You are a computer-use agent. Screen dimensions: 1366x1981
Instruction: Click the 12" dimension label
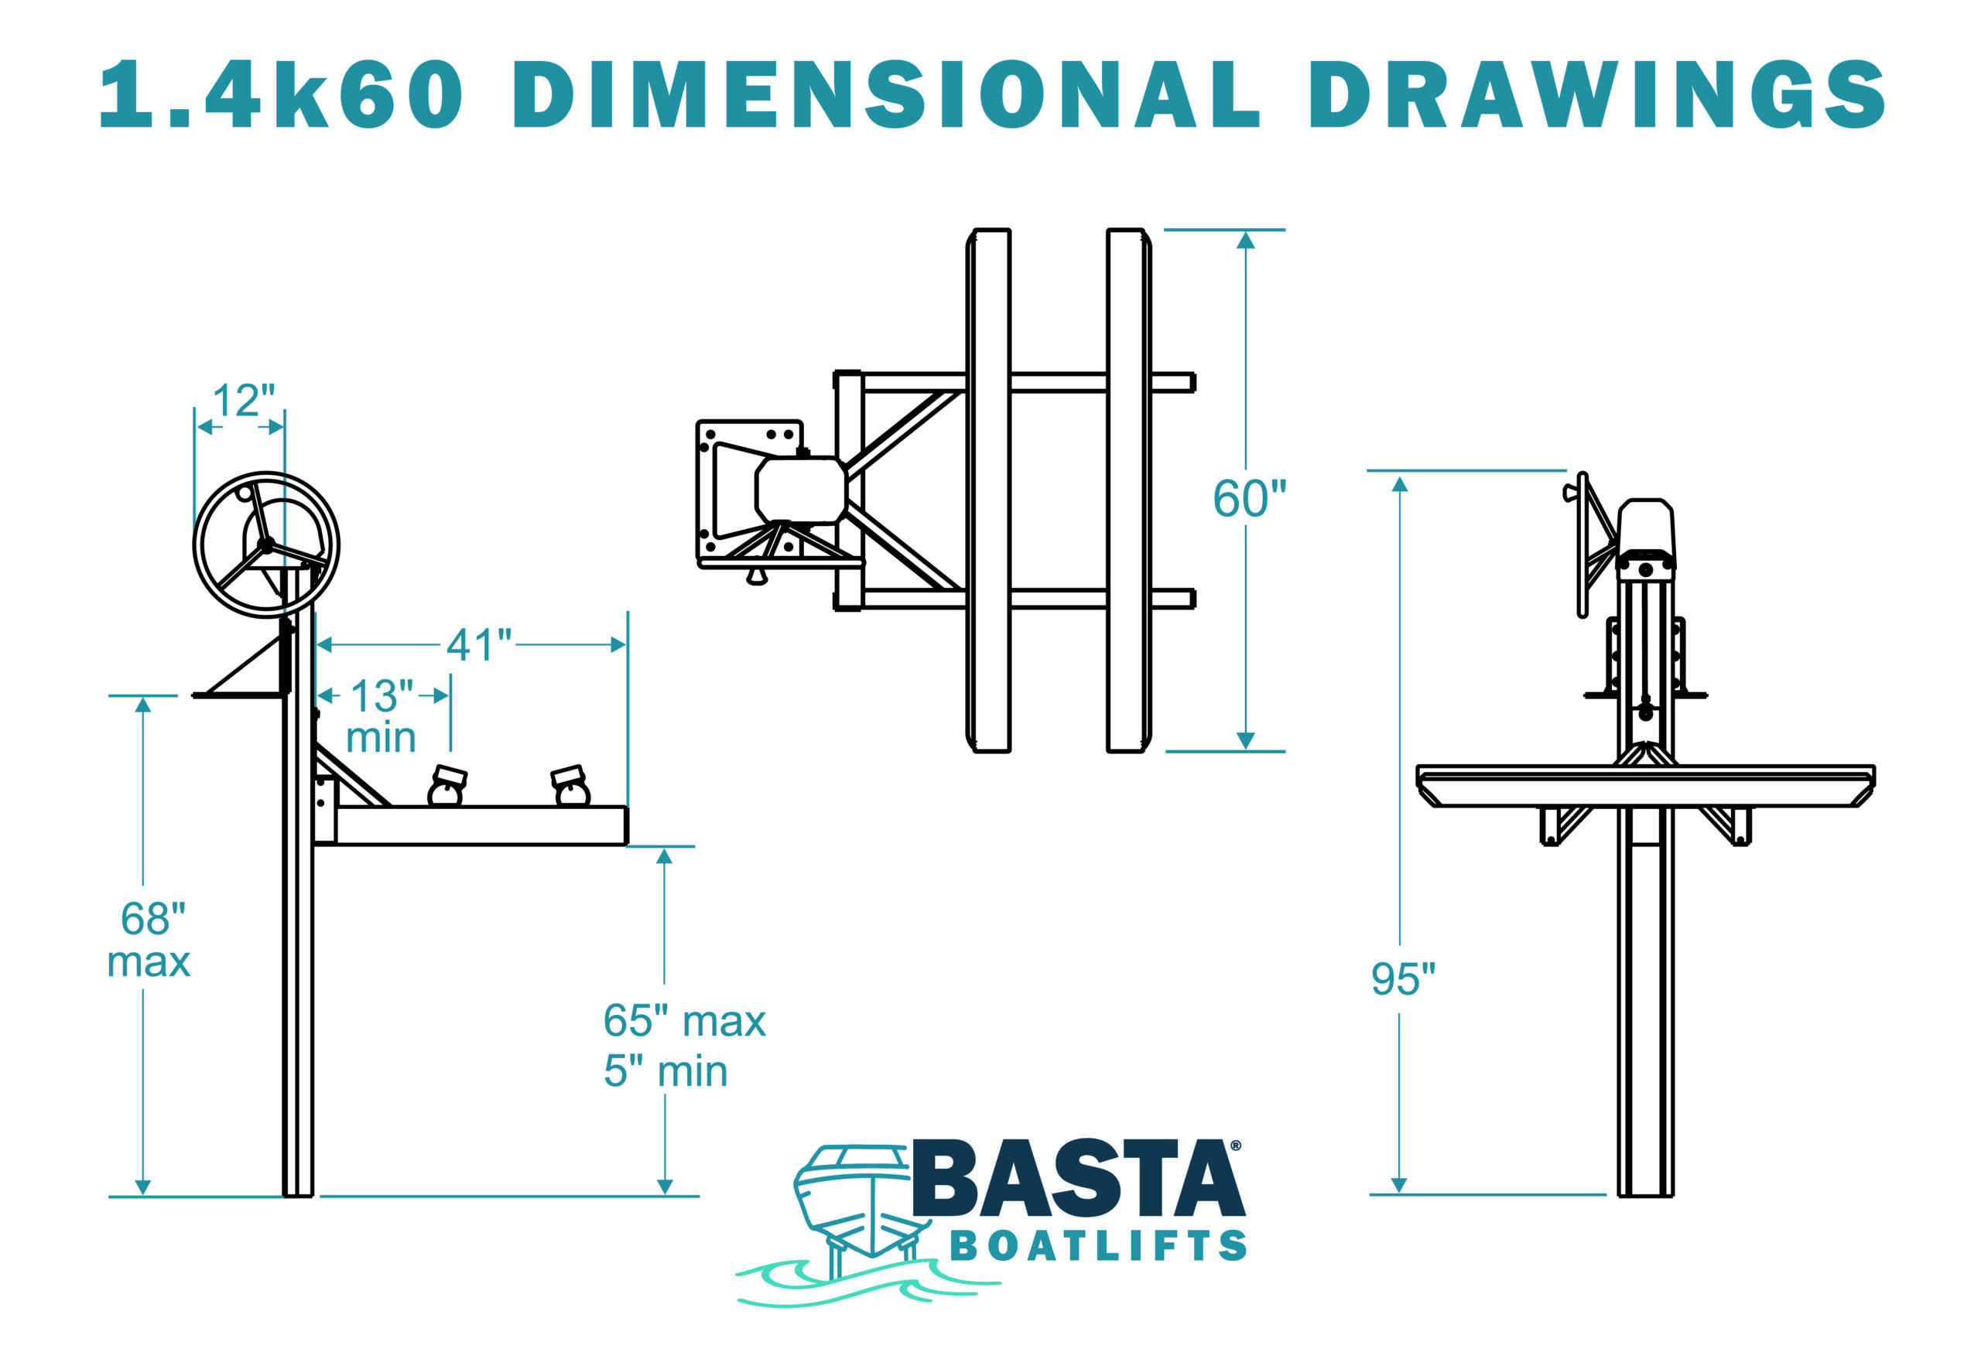pyautogui.click(x=243, y=401)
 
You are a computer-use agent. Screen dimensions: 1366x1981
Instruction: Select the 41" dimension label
pyautogui.click(x=478, y=645)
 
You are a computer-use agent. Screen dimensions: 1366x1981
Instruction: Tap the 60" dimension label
pyautogui.click(x=1249, y=498)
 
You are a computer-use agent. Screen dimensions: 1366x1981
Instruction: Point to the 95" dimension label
pyautogui.click(x=1402, y=978)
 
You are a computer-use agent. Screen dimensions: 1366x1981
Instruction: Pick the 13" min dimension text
pyautogui.click(x=381, y=716)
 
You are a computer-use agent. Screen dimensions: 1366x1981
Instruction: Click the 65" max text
pyautogui.click(x=684, y=1020)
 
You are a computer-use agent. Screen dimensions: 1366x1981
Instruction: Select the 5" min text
pyautogui.click(x=665, y=1071)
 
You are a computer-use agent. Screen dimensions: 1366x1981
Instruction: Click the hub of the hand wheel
pyautogui.click(x=265, y=545)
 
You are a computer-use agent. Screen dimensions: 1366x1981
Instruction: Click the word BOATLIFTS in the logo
pyautogui.click(x=1098, y=1246)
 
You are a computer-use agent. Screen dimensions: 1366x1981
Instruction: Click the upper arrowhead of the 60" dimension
pyautogui.click(x=1246, y=241)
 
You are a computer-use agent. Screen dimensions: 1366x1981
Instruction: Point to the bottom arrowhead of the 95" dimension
pyautogui.click(x=1399, y=1183)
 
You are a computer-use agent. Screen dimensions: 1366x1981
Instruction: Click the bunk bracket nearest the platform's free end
pyautogui.click(x=570, y=786)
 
